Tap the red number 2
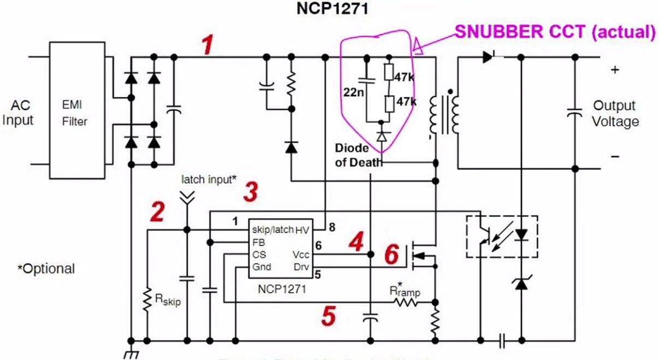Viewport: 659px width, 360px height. point(157,212)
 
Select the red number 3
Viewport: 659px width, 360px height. point(251,192)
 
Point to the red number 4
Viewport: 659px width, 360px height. point(355,242)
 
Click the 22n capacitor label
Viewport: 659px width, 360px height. point(353,93)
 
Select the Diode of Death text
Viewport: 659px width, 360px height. point(352,156)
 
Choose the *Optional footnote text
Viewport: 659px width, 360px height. point(46,269)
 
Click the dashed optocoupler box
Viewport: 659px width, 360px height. point(501,237)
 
